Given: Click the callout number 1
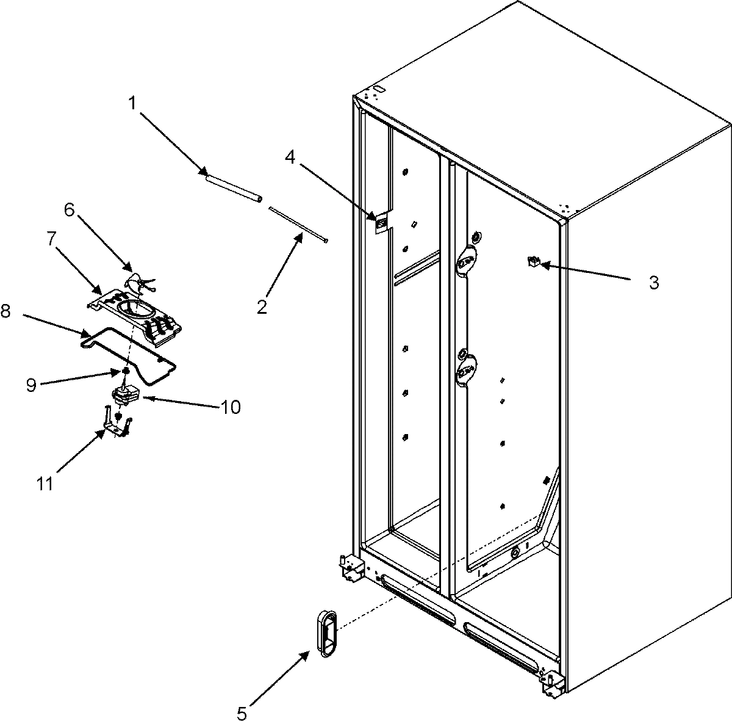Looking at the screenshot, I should pos(131,104).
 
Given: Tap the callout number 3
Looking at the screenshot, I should pos(653,283).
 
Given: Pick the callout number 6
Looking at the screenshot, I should pos(69,211).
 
